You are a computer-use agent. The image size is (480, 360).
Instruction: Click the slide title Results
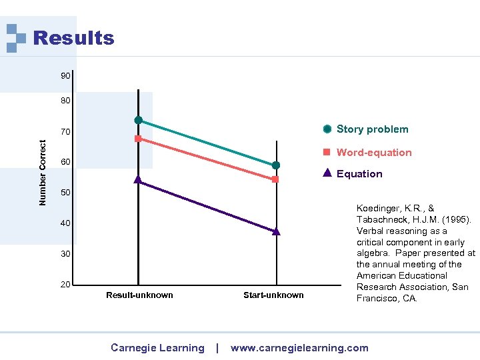pos(73,39)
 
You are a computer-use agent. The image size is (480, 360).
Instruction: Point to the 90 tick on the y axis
pos(65,76)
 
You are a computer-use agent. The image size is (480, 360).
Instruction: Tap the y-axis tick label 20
pos(65,285)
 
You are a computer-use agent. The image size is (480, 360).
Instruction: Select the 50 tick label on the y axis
pos(65,193)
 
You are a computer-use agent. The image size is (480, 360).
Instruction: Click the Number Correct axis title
pos(43,172)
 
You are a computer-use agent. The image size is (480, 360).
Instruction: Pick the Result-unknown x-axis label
pos(139,295)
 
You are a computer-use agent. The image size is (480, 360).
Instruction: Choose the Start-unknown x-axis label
pos(273,295)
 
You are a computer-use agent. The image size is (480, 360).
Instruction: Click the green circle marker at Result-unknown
pos(139,120)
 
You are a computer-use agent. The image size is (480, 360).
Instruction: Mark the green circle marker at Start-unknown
pos(275,165)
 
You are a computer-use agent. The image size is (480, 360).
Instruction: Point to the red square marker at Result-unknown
pos(138,139)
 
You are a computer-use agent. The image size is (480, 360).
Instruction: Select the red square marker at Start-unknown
pos(275,179)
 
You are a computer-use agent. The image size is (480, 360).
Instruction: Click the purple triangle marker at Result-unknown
pos(138,179)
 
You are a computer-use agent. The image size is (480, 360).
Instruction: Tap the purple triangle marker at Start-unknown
pos(275,231)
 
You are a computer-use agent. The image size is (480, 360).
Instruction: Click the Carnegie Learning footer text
pos(157,348)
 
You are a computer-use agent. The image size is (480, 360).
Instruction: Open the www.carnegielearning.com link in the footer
pos(299,348)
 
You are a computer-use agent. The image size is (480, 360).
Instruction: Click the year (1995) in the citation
pos(457,220)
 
